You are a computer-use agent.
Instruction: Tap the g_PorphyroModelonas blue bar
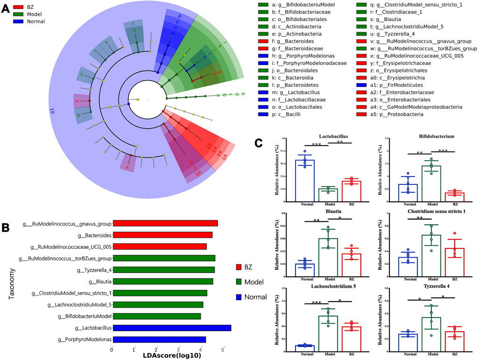pyautogui.click(x=159, y=339)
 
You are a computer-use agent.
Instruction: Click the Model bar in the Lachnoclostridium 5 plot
pyautogui.click(x=328, y=333)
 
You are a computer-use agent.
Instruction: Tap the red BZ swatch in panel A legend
pyautogui.click(x=19, y=7)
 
